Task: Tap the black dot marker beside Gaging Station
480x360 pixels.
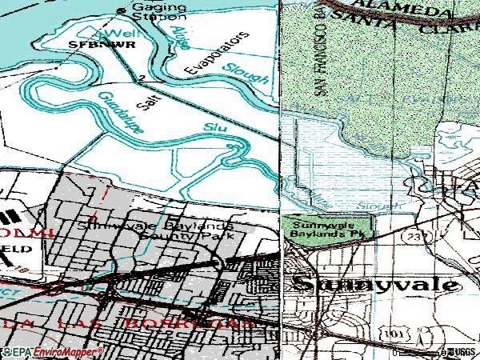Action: tap(122, 10)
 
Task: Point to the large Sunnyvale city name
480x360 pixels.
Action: tap(376, 285)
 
